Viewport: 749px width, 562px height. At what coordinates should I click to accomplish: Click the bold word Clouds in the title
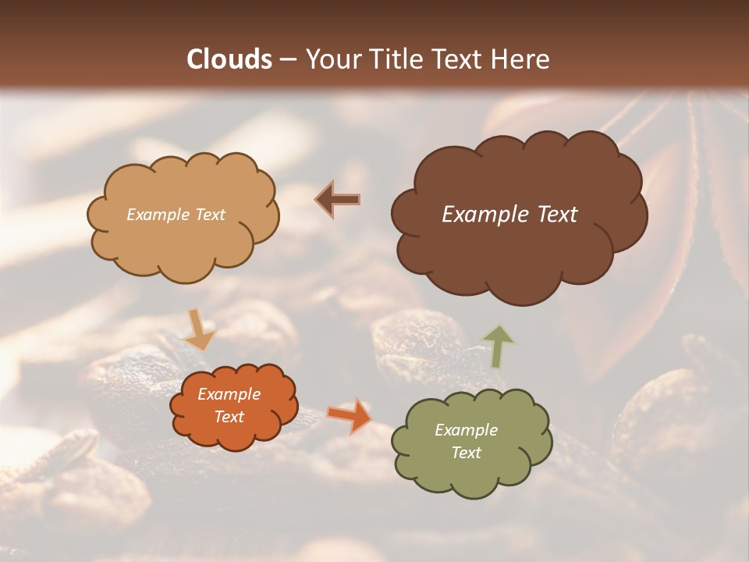229,59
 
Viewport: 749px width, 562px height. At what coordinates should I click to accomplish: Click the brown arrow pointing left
339,200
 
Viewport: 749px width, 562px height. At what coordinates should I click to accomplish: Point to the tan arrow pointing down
198,329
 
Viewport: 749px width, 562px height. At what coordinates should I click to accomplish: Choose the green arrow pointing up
499,346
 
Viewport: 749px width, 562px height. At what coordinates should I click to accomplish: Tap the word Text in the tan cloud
208,215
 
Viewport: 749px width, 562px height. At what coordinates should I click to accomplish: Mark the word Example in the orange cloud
229,394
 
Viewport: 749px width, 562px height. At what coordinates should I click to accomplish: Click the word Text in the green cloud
466,453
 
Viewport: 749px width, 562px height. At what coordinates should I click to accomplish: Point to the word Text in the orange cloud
229,417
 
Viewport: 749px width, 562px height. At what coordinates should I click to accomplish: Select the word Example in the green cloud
466,430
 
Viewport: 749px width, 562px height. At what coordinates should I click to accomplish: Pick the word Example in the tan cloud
157,215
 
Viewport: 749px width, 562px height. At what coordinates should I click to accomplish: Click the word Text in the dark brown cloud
557,215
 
